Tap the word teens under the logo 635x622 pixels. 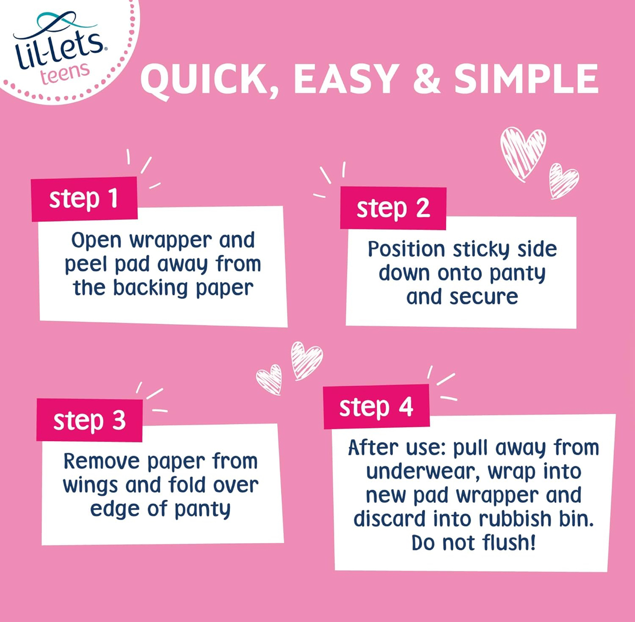pos(64,73)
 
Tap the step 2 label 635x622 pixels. pos(393,208)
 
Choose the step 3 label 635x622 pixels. pos(89,420)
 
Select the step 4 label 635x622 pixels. pos(376,407)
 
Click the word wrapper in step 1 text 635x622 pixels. pos(171,241)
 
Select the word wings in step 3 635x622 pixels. pos(90,486)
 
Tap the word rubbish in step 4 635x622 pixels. pos(515,519)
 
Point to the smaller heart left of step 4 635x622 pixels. pos(270,379)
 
